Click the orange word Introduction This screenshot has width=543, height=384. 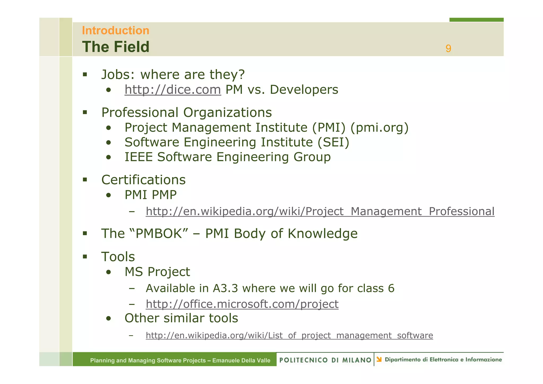coord(116,30)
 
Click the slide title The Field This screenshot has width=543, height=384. coord(116,47)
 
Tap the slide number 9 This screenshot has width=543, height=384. coord(448,49)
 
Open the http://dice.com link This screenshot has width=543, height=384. coord(173,90)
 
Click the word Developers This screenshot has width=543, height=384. coord(304,90)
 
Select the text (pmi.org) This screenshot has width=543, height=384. coord(379,128)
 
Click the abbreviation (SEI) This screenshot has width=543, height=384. coord(333,142)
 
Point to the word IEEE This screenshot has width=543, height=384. coord(138,157)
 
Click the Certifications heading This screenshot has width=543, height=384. coord(143,180)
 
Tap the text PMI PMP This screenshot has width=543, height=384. coord(151,195)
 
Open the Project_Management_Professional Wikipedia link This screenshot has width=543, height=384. coord(320,212)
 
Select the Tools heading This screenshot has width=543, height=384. coord(118,257)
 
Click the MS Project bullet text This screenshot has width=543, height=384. coord(157,272)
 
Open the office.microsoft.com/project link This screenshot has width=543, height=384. coord(242,304)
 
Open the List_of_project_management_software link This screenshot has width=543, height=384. coord(289,335)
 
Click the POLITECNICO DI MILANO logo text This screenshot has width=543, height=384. coord(325,360)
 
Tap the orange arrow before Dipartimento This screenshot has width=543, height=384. coord(379,359)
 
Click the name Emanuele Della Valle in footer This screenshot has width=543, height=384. coord(241,360)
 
